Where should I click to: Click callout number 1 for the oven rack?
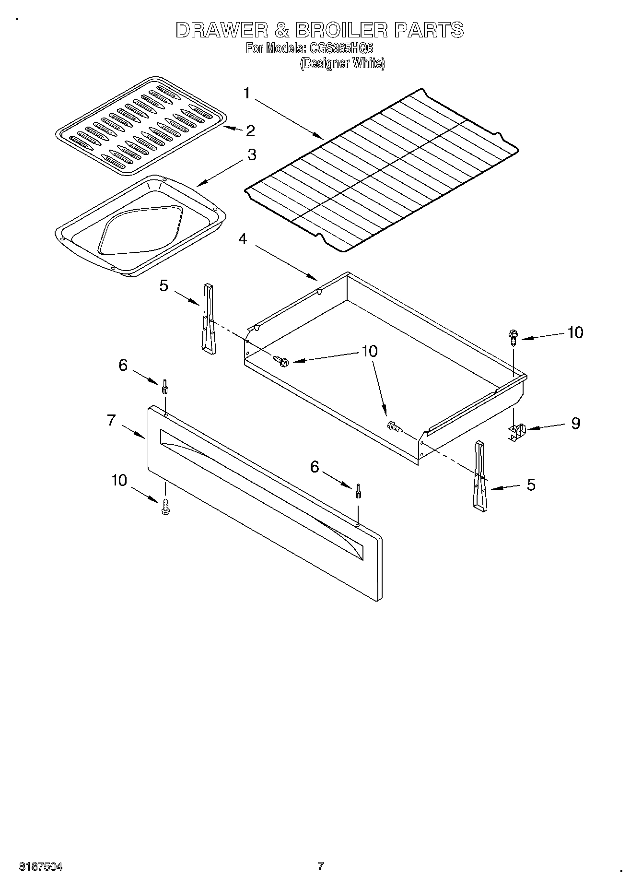click(247, 93)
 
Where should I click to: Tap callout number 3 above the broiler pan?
click(251, 155)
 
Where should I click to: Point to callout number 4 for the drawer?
click(243, 238)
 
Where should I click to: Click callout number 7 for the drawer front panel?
click(111, 420)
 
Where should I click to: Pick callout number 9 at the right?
click(575, 423)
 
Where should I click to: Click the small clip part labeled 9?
click(515, 431)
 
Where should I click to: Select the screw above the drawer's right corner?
click(513, 337)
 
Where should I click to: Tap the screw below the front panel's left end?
click(166, 506)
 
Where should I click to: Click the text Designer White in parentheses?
click(342, 63)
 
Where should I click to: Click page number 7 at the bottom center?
click(320, 866)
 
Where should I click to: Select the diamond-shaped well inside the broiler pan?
click(140, 230)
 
